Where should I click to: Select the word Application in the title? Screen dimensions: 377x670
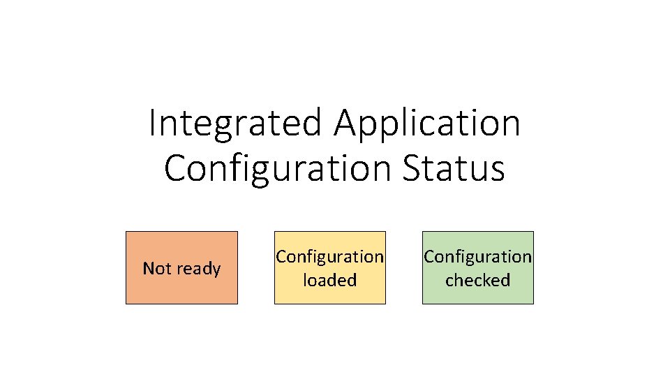(x=427, y=124)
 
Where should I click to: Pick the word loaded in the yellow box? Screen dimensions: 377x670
(x=329, y=281)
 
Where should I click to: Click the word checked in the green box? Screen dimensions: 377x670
(x=477, y=281)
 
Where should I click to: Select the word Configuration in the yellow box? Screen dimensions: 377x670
(x=329, y=257)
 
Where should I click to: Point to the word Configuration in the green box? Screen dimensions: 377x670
(x=477, y=257)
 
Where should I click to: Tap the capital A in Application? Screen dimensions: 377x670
(x=347, y=124)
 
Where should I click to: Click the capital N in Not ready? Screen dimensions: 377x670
(x=148, y=269)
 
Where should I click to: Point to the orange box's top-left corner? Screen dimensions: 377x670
(x=126, y=232)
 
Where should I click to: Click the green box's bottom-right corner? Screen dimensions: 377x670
(x=533, y=304)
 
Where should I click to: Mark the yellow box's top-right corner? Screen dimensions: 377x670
(x=385, y=232)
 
